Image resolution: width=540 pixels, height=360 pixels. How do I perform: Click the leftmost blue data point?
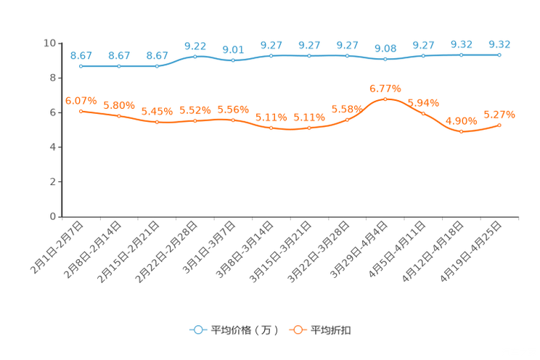point(81,66)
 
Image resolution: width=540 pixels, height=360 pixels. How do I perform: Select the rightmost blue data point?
point(499,54)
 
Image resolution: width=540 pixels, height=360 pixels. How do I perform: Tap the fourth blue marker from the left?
point(195,56)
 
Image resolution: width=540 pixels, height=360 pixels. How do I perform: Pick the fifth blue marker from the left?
point(233,61)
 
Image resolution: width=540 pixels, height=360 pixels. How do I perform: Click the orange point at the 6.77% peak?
point(385,99)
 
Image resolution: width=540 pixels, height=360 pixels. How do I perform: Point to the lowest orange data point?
point(461,132)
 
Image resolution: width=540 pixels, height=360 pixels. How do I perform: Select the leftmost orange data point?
point(81,111)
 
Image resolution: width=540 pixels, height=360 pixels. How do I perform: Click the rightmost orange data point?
point(499,125)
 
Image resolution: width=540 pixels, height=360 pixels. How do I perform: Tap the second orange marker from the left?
point(119,116)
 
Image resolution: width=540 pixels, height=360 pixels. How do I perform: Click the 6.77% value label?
point(385,88)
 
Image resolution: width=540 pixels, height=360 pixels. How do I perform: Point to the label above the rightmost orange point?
point(499,114)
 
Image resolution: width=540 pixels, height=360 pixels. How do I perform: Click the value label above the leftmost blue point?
point(81,55)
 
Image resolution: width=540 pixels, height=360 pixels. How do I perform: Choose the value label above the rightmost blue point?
point(499,44)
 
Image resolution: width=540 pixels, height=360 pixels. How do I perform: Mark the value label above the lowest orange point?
point(461,120)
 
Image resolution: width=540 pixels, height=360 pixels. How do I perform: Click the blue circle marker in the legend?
point(197,330)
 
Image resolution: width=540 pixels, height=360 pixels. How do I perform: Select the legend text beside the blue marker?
point(244,330)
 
